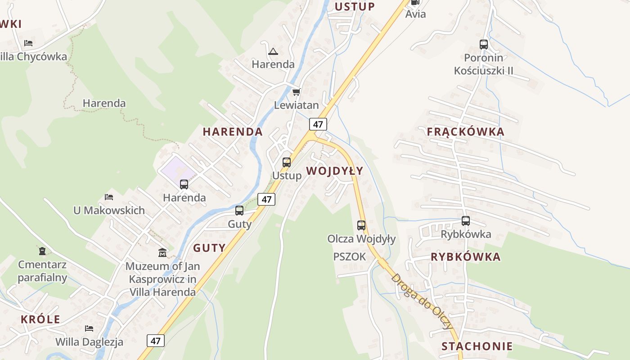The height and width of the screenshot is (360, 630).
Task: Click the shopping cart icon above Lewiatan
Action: (296, 92)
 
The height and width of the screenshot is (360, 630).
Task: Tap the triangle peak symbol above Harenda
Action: (273, 51)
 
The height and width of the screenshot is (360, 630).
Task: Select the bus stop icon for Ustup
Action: (287, 162)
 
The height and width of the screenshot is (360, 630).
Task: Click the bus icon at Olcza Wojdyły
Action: (361, 225)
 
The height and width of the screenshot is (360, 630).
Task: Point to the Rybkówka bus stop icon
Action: (466, 221)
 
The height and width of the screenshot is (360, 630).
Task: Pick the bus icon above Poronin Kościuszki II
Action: (484, 45)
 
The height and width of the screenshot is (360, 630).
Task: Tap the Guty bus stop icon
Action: (239, 211)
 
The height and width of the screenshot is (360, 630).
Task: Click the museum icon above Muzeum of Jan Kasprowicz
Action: (162, 253)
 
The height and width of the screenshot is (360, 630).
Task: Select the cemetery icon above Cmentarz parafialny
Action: (42, 251)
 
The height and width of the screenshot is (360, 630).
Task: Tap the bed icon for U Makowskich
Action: (109, 197)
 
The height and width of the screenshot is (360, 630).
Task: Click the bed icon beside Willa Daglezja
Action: (89, 328)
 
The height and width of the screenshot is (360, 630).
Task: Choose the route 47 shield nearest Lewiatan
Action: (318, 124)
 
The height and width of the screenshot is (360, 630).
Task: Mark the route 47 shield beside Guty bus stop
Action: (266, 199)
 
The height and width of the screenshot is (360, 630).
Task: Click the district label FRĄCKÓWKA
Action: (465, 132)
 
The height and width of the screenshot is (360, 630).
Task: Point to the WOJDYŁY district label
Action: (334, 171)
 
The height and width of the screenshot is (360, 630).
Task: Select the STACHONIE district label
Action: (477, 346)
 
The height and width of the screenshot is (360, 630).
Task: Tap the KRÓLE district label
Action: (40, 319)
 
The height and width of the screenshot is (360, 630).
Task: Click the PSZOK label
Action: (350, 256)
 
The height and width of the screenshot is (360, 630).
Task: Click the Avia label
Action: (415, 14)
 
